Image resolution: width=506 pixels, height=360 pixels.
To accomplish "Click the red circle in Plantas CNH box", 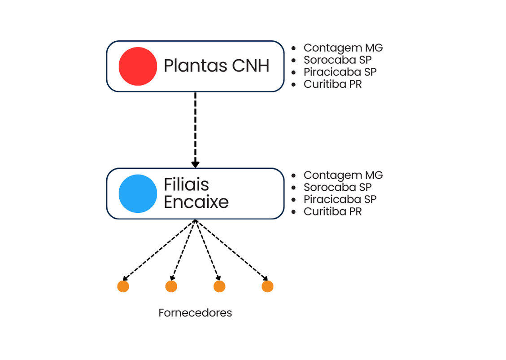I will tap(138, 66).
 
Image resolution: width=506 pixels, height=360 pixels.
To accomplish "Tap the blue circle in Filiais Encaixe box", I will tap(138, 193).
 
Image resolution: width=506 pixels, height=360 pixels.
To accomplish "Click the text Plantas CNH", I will tap(216, 66).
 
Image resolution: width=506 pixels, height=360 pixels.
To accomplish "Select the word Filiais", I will tap(186, 185).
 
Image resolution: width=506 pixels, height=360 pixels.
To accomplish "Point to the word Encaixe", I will tap(196, 202).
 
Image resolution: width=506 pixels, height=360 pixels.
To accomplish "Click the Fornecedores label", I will tap(195, 313).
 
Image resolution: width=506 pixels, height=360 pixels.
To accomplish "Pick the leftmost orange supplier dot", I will tap(123, 286).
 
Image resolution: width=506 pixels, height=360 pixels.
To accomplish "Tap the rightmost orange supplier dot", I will tap(267, 286).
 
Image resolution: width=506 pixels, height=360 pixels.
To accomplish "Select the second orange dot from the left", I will tap(171, 286).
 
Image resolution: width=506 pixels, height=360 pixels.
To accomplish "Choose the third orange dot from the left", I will tap(219, 286).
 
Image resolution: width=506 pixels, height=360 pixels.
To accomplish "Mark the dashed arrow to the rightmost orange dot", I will tap(231, 250).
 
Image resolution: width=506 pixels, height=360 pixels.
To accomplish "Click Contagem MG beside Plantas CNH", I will tap(343, 48).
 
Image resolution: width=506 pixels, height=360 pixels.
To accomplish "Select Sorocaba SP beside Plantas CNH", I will tap(337, 60).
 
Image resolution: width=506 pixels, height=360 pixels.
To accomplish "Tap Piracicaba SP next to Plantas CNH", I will tap(340, 72).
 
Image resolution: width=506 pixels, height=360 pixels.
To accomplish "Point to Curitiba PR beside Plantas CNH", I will tap(332, 84).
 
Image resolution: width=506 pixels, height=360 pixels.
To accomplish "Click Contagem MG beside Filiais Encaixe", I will tap(343, 176).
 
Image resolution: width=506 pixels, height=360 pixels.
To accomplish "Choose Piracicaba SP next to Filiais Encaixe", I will tap(340, 199).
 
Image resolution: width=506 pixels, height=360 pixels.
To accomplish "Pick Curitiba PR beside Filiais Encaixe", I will tap(332, 211).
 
